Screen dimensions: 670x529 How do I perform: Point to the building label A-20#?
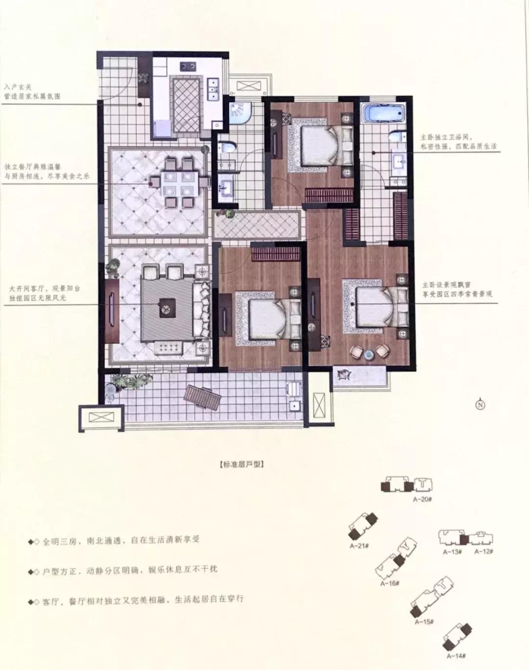[x=421, y=499]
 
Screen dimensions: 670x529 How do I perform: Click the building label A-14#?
[x=456, y=655]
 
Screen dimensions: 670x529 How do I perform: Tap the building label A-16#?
[x=390, y=583]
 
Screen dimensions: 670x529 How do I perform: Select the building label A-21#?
[x=359, y=547]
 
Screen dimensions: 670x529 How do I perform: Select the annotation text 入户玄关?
[x=18, y=86]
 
